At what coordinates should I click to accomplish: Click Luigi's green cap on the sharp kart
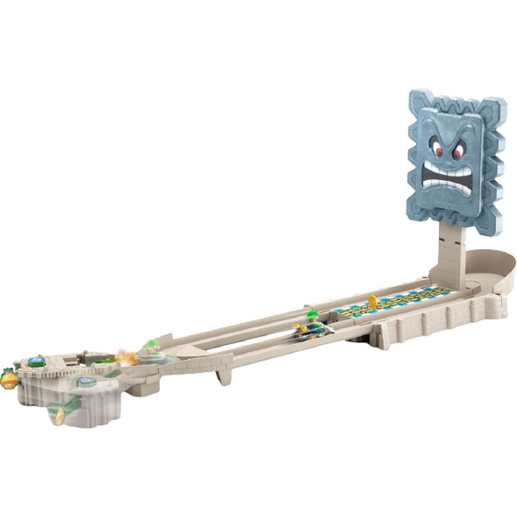pos(312,314)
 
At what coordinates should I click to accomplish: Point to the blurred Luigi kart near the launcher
pos(150,349)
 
